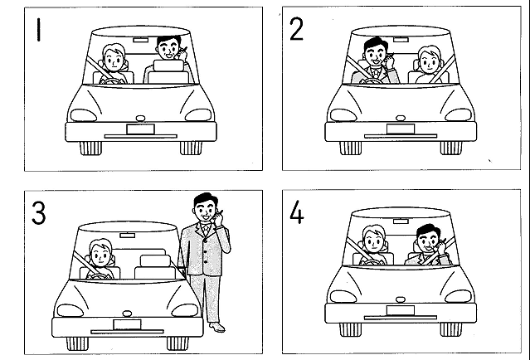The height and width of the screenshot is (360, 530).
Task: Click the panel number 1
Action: pos(39,30)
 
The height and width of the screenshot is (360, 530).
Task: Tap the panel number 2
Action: pos(296,29)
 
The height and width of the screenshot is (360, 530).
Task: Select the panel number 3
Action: pos(38,212)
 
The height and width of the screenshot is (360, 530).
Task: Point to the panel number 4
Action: pos(297,212)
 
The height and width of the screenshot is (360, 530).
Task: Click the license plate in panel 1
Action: pos(141,129)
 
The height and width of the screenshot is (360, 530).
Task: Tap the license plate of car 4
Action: pos(401,310)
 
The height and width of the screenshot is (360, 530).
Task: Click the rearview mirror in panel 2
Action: pos(401,40)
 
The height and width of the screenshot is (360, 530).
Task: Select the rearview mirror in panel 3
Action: pos(128,236)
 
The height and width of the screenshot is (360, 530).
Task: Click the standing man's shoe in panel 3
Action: pos(217,327)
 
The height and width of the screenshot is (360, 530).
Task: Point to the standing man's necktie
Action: pos(206,231)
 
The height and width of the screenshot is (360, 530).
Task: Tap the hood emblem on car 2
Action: pos(401,118)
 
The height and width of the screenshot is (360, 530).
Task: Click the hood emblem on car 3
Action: pos(127,314)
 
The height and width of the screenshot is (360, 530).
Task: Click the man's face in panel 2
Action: pos(375,55)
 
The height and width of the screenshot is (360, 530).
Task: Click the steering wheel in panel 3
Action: pos(100,276)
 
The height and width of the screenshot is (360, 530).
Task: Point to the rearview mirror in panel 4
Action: pos(401,221)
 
